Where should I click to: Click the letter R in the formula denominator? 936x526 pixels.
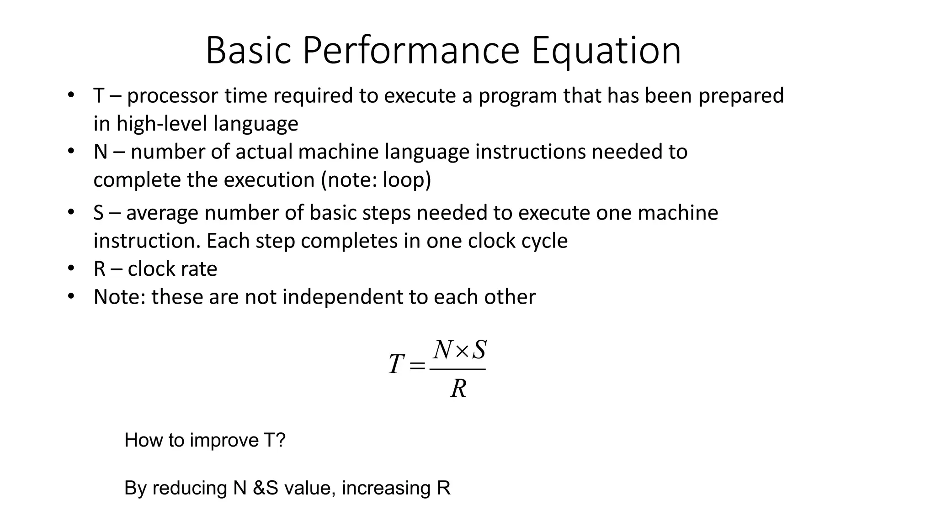click(458, 389)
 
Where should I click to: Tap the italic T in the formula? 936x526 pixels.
click(396, 364)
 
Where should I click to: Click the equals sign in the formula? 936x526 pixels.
click(417, 365)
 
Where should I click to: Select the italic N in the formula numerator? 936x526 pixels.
click(443, 350)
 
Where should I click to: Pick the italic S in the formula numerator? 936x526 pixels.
click(479, 350)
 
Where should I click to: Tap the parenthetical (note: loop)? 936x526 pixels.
click(376, 180)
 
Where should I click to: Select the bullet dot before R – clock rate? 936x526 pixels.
click(70, 268)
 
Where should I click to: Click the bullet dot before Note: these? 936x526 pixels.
click(70, 296)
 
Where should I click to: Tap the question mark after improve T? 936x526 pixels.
click(281, 440)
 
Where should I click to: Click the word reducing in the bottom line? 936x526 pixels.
click(190, 488)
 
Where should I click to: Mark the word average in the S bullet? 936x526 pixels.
click(162, 213)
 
